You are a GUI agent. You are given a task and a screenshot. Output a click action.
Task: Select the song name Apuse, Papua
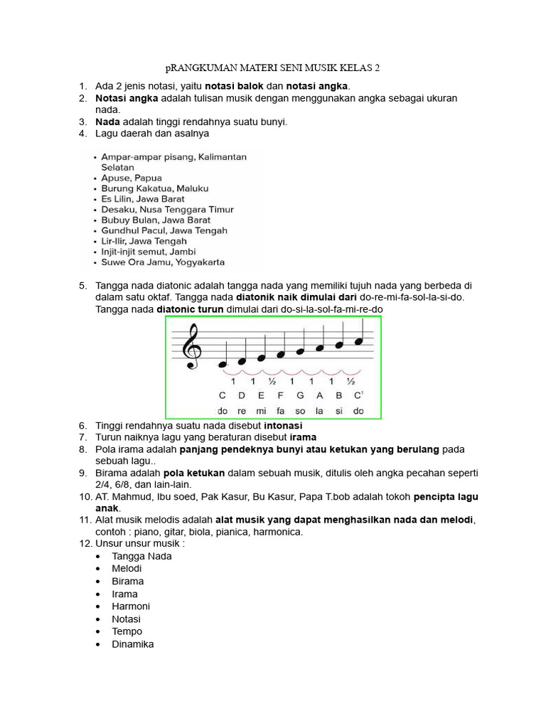tap(132, 178)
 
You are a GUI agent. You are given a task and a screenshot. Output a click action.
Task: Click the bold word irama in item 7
tap(303, 437)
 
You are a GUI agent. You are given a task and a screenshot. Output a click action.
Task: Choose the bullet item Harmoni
tap(131, 606)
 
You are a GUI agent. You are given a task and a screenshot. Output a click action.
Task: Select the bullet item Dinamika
tap(132, 644)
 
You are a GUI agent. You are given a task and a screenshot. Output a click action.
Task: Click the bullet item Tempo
tap(127, 631)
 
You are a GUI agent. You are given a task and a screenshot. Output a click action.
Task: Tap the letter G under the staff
tap(300, 395)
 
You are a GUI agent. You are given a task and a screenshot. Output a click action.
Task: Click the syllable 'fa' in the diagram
tap(280, 411)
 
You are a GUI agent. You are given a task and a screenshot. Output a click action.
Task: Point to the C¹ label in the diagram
tap(359, 395)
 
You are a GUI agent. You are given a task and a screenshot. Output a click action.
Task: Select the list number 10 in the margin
tap(85, 498)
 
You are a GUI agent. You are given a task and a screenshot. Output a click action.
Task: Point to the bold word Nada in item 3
tap(107, 122)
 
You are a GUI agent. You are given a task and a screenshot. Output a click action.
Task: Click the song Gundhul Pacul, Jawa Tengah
tap(164, 230)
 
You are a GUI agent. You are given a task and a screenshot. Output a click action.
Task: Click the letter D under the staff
tap(242, 395)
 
